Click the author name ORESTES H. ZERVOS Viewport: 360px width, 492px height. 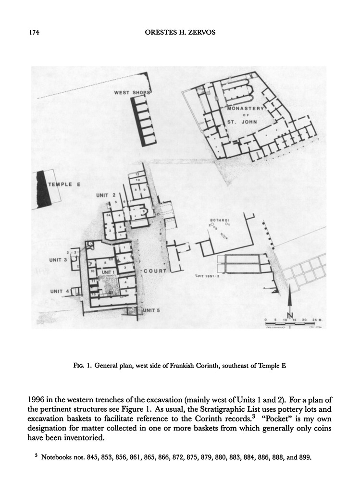pos(180,33)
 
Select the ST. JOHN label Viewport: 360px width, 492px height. pos(242,122)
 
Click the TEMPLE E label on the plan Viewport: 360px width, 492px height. pos(63,184)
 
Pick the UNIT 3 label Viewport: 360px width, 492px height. pos(59,260)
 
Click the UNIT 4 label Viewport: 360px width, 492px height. pos(60,291)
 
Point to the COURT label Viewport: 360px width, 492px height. pos(155,271)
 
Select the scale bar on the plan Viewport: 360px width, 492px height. pos(293,324)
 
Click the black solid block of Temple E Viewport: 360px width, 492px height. pos(42,189)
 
